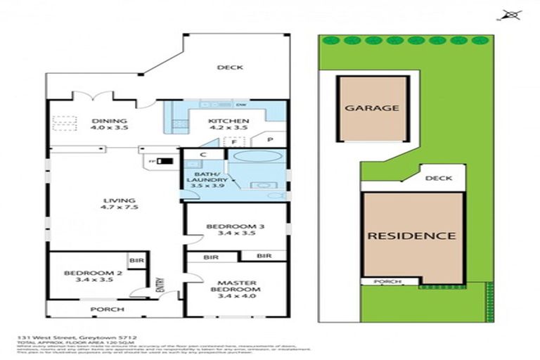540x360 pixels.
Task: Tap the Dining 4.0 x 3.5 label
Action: click(109, 124)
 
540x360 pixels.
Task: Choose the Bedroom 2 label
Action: click(89, 276)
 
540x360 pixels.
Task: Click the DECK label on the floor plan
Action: click(230, 67)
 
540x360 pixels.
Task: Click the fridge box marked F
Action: click(233, 141)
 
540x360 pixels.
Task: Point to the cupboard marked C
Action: click(202, 155)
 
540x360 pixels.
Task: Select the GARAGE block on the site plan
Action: click(372, 108)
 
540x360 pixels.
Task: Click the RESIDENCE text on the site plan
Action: click(411, 236)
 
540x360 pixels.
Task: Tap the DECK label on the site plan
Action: click(439, 179)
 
